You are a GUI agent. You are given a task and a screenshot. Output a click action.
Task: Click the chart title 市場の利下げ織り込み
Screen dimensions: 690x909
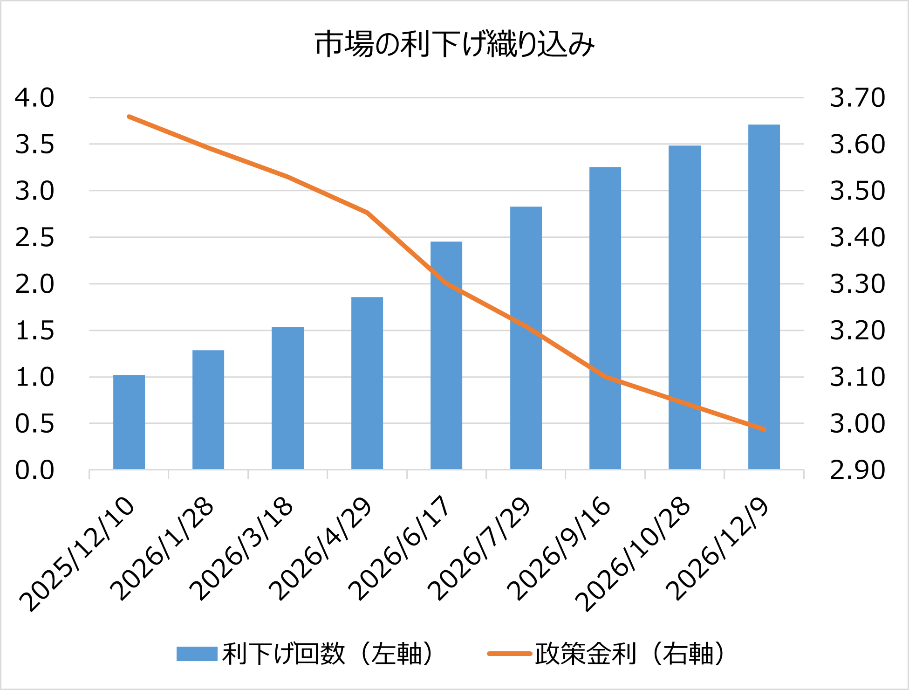click(454, 45)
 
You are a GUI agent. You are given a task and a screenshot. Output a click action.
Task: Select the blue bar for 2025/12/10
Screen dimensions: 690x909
click(129, 422)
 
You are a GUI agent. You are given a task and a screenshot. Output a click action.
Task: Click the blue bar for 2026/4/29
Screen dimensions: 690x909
click(367, 383)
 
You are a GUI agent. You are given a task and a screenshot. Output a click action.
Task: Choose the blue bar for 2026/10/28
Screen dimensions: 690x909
click(684, 307)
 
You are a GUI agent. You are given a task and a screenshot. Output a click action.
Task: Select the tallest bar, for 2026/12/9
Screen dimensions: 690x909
click(764, 297)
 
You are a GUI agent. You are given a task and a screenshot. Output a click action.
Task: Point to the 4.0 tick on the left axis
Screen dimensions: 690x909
click(34, 98)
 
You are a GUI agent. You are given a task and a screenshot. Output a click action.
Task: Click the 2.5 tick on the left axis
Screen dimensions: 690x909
click(34, 237)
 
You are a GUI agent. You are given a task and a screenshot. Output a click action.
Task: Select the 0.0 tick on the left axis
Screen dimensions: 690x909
click(34, 470)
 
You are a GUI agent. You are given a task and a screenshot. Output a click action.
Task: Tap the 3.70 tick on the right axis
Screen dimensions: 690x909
click(857, 98)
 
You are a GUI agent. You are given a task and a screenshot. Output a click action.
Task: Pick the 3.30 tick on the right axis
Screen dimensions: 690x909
click(857, 284)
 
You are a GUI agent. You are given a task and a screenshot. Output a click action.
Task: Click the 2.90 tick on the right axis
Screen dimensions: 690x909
click(857, 470)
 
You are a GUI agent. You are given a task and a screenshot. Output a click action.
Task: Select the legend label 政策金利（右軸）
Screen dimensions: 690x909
click(630, 654)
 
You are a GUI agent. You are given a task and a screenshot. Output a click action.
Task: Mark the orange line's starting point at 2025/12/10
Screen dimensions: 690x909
click(129, 117)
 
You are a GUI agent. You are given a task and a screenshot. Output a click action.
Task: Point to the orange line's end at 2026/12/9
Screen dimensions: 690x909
click(764, 429)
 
